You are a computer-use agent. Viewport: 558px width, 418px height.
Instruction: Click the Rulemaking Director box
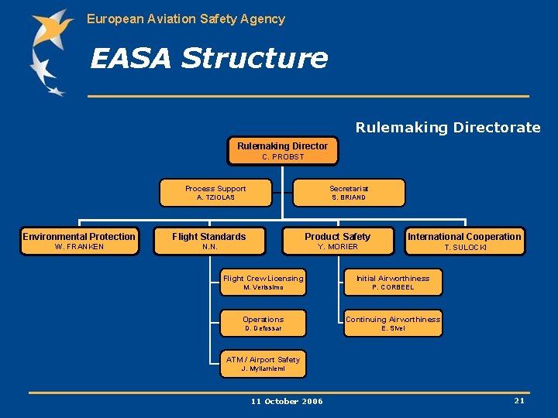point(282,151)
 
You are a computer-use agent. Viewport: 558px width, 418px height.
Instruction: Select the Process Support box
point(215,193)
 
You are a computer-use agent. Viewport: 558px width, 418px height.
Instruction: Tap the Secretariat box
point(349,193)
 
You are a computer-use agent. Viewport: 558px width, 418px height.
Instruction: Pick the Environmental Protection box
point(79,241)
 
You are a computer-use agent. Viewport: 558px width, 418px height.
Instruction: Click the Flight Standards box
point(209,241)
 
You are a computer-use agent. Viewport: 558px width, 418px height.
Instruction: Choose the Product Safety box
point(337,241)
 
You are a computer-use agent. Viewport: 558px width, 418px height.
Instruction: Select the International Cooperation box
point(465,241)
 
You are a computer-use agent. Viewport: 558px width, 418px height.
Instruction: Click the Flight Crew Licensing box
point(263,283)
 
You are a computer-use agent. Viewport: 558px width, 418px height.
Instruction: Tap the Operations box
point(263,323)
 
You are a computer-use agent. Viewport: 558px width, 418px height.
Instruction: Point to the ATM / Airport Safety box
point(263,364)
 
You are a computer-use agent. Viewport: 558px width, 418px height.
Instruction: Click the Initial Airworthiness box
point(393,283)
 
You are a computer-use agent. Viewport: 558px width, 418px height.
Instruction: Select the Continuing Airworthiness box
point(393,323)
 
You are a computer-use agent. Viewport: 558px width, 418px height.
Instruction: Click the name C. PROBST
point(283,157)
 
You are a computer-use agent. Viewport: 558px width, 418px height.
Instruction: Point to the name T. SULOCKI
point(465,248)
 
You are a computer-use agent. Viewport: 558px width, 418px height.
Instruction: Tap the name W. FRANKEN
point(79,247)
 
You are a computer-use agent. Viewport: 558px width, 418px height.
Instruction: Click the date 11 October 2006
point(287,401)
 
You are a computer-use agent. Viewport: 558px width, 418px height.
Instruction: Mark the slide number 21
point(519,400)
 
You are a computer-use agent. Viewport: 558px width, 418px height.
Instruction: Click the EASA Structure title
point(209,58)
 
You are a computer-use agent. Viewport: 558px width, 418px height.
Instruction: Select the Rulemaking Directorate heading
point(448,128)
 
